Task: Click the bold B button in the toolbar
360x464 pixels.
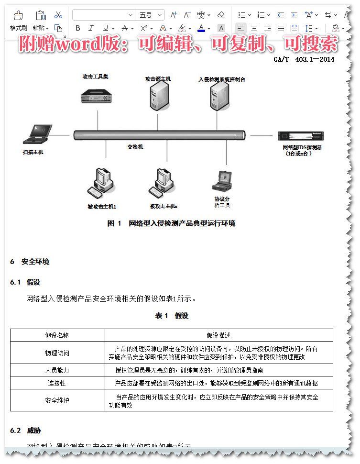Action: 78,28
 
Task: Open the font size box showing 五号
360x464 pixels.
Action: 150,15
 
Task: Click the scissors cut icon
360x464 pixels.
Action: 58,15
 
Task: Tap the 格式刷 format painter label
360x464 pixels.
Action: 18,28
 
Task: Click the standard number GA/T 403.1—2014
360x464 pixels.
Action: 304,59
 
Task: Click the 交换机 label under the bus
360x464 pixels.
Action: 135,147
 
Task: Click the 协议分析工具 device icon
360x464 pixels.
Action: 222,181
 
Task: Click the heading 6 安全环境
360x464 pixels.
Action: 30,262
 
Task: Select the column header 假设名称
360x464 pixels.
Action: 57,335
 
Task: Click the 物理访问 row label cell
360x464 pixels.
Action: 57,353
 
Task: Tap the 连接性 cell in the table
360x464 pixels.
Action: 57,383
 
